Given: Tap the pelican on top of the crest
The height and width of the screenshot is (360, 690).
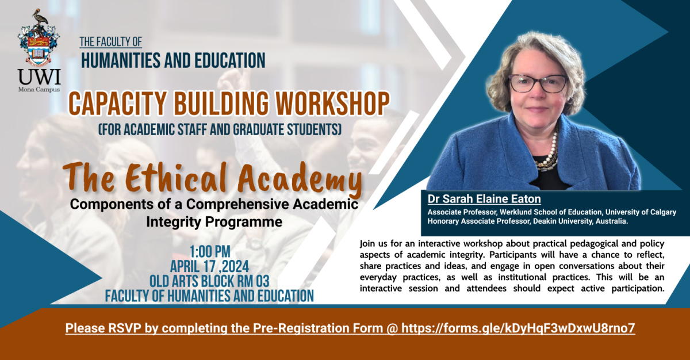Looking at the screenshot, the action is click(x=41, y=18).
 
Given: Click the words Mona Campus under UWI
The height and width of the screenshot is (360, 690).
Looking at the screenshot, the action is click(x=39, y=90).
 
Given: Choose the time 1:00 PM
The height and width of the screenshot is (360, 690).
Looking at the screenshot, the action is click(x=210, y=252).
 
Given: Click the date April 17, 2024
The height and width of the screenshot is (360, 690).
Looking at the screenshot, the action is click(x=209, y=266).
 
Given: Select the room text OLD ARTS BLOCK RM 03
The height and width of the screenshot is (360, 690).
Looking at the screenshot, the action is click(x=209, y=281).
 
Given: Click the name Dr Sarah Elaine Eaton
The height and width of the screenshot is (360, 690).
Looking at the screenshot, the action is click(x=484, y=199).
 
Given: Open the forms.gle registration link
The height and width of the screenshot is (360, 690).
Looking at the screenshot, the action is click(x=518, y=328).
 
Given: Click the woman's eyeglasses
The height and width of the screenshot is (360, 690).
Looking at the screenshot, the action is click(x=538, y=83).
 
